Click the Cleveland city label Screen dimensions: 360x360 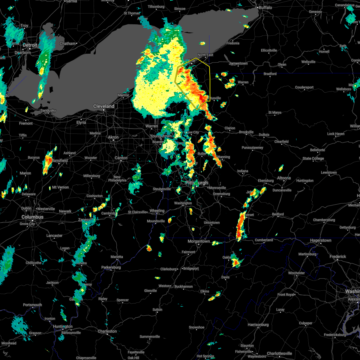(x=103, y=106)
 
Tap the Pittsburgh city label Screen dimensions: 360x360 (x=196, y=183)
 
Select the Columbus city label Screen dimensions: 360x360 (x=32, y=217)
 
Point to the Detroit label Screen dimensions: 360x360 (x=30, y=45)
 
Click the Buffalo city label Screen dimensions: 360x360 (x=266, y=7)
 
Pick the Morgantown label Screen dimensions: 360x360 (x=199, y=241)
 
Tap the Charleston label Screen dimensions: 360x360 (x=107, y=331)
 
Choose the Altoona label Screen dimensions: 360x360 (x=283, y=178)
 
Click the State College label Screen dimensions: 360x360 (x=313, y=158)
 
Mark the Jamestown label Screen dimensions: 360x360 (x=238, y=63)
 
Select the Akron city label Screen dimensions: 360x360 (x=113, y=137)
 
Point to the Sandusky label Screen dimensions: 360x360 (x=48, y=110)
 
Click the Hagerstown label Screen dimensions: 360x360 (x=321, y=240)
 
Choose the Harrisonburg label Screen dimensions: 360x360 (x=258, y=325)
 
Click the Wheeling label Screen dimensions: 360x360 (x=157, y=211)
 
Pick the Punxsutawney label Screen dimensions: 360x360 (x=252, y=148)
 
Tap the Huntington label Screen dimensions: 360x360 (x=63, y=326)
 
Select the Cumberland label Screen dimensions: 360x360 (x=264, y=240)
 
